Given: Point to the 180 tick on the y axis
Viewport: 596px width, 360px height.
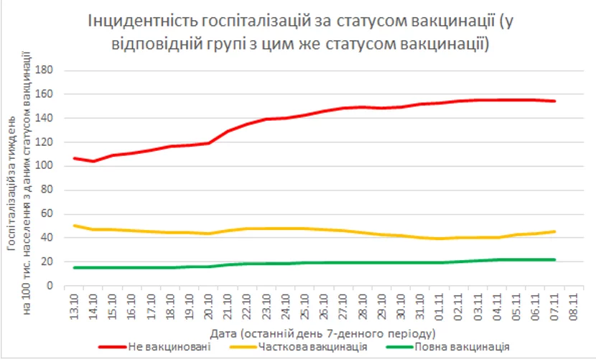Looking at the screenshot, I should coord(47,70).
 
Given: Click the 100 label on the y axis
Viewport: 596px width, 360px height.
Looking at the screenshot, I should coord(47,166).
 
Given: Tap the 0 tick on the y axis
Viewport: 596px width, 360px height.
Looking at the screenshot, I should coord(52,286).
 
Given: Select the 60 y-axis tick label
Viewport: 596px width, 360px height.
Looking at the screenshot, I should coord(49,214).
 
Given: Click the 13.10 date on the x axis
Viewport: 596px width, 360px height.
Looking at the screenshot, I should coord(74,305).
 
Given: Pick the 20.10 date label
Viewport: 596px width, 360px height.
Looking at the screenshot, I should coord(208,305).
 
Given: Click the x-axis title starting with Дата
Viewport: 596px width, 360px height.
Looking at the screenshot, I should coord(323,333).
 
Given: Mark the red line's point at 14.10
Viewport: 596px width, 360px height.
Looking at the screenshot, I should coord(93,161).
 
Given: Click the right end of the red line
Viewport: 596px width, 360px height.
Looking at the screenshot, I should coord(554,101).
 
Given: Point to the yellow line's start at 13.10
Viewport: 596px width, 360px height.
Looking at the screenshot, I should coord(75,226).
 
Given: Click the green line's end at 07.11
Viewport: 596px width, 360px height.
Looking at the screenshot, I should coord(554,259).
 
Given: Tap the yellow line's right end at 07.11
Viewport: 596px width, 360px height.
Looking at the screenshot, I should coord(554,231).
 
